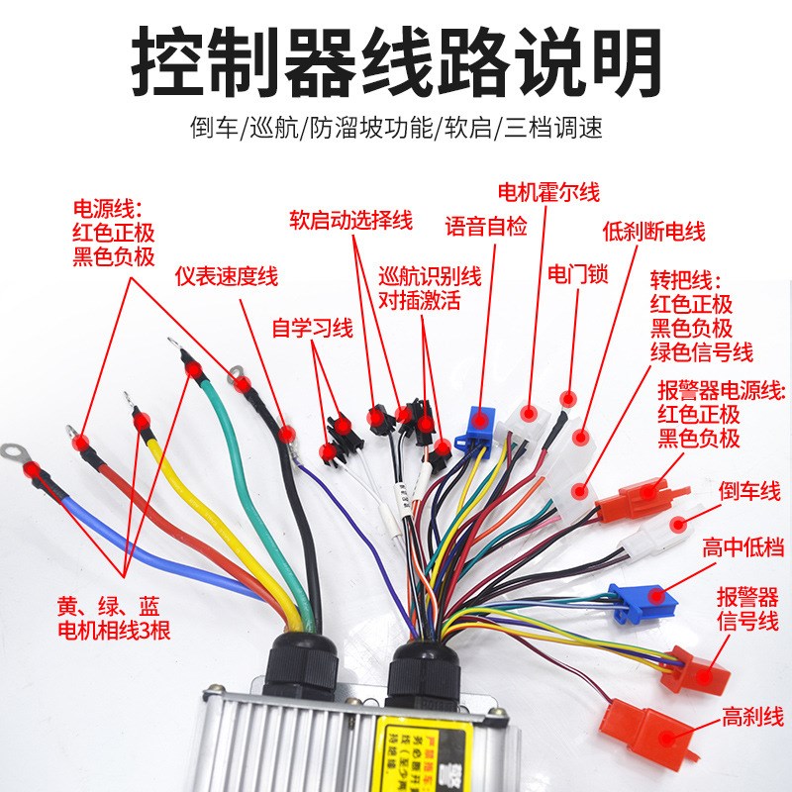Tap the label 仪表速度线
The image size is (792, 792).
227,277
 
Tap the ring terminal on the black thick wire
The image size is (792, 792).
237,376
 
